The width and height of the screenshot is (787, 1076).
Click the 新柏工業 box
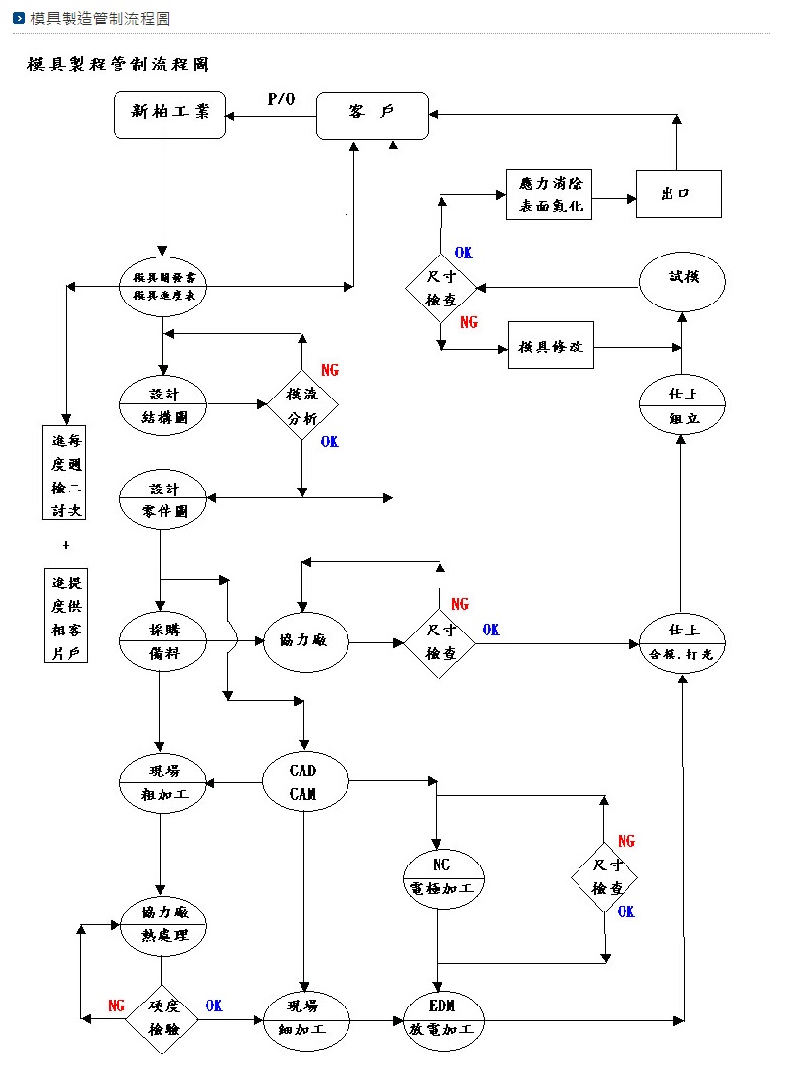[x=170, y=115]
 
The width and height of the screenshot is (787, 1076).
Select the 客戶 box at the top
[x=372, y=116]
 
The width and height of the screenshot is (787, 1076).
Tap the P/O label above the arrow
[x=281, y=99]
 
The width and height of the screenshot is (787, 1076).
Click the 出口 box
[x=678, y=194]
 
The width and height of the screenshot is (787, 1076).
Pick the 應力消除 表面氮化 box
[x=549, y=194]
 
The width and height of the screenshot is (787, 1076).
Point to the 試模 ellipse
[x=682, y=280]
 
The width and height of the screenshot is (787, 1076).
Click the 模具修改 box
[x=550, y=347]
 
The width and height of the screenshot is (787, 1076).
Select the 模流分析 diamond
[x=301, y=404]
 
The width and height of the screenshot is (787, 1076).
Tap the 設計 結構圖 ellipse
[x=163, y=403]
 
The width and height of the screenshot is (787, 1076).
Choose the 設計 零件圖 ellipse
[x=163, y=498]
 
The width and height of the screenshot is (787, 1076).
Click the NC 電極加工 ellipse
[x=442, y=877]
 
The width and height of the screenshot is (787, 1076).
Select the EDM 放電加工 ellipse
[x=442, y=1018]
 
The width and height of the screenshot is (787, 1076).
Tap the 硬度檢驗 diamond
[x=162, y=1018]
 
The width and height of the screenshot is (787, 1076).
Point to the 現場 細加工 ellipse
[x=303, y=1018]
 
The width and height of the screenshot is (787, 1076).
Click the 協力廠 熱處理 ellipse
[x=163, y=923]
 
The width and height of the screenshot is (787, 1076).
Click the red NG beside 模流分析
[x=330, y=371]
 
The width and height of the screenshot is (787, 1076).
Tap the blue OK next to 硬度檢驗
[x=214, y=1006]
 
